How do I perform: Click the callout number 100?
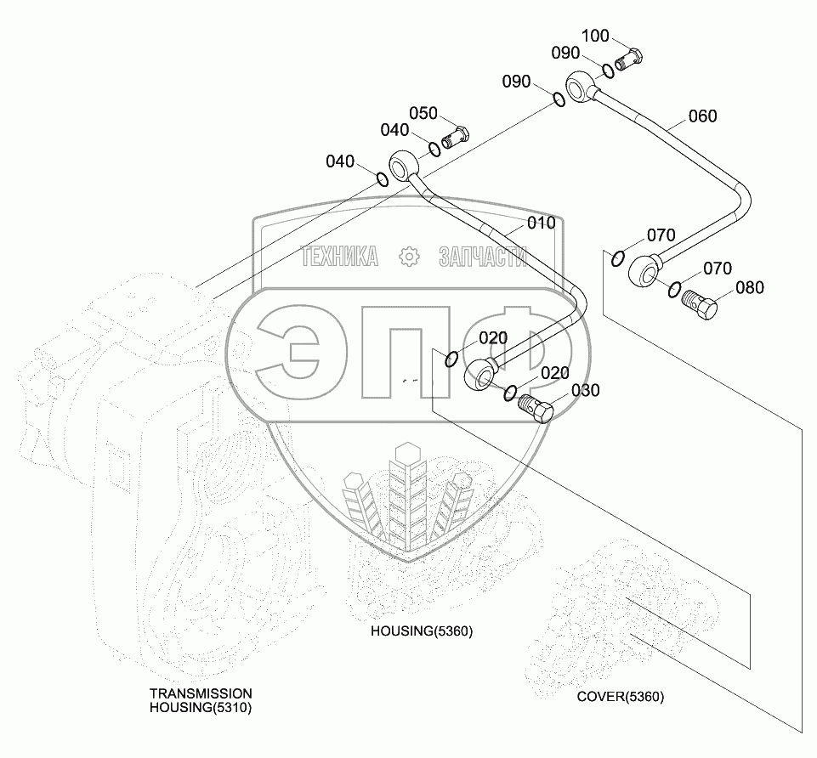pyautogui.click(x=595, y=36)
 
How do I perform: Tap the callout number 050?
pyautogui.click(x=423, y=114)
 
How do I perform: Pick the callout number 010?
pyautogui.click(x=541, y=223)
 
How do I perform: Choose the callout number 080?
pyautogui.click(x=750, y=287)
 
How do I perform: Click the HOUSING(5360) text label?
pyautogui.click(x=421, y=631)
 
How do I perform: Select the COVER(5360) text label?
pyautogui.click(x=621, y=697)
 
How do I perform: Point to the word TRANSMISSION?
pyautogui.click(x=201, y=693)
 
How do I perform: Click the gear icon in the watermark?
pyautogui.click(x=409, y=257)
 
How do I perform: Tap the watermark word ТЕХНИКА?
pyautogui.click(x=340, y=257)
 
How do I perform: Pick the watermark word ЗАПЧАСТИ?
pyautogui.click(x=482, y=257)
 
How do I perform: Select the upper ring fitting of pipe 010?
pyautogui.click(x=404, y=163)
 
